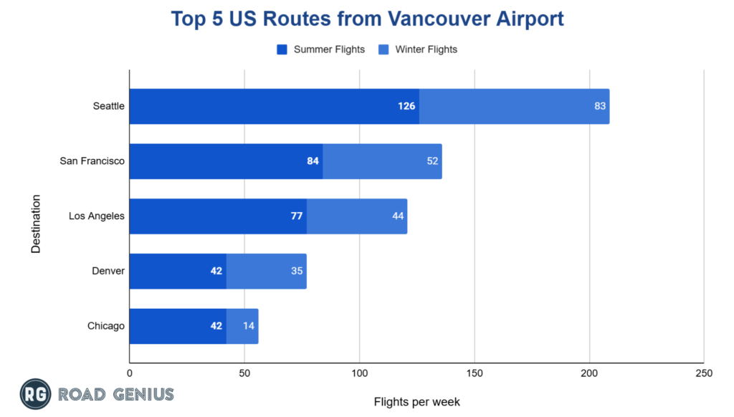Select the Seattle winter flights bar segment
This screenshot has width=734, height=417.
point(514,106)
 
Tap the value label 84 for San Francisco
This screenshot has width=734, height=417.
point(313,161)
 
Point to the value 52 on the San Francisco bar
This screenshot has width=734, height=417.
point(432,161)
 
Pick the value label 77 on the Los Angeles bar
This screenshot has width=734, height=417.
point(297,216)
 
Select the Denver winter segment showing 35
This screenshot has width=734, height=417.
point(266,272)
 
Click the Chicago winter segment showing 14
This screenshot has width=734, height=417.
point(242,326)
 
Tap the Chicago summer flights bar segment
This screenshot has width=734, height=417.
point(178,326)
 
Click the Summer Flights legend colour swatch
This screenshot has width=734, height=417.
point(282,49)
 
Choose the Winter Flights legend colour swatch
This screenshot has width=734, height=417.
point(383,49)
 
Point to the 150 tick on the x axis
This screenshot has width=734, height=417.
point(475,373)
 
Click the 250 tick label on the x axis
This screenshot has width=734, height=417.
point(704,373)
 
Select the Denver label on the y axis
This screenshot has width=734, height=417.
point(108,272)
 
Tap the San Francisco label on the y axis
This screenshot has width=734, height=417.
point(92,161)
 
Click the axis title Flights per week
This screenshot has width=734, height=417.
point(416,401)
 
